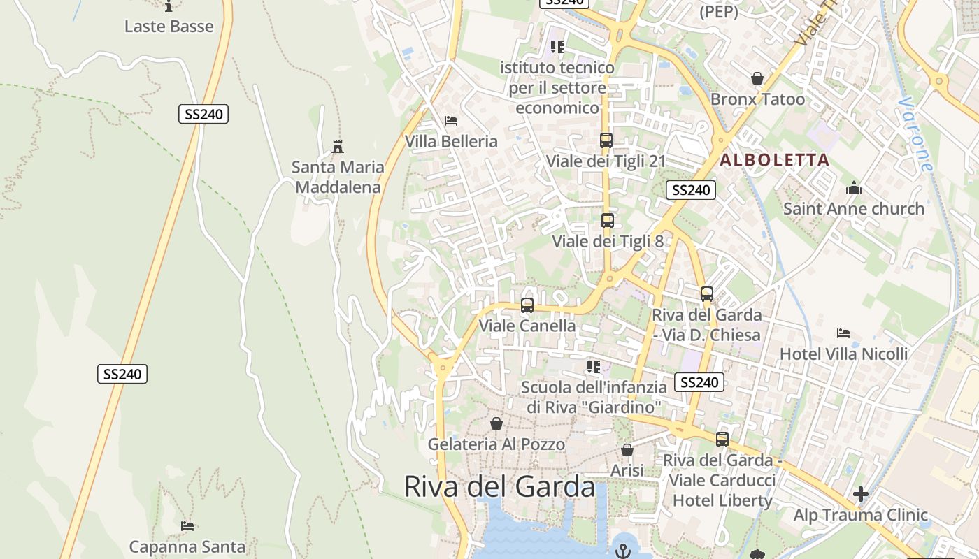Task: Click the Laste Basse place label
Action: pos(169,27)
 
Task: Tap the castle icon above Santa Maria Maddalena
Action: pos(338,147)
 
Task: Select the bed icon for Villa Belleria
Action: pos(451,121)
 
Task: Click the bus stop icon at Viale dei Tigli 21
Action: pos(606,140)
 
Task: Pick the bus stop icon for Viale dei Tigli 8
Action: pos(607,221)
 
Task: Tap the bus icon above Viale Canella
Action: pos(527,305)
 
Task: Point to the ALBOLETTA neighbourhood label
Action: pos(775,160)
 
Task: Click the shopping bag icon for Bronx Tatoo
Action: pos(757,78)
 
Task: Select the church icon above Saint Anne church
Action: pos(853,188)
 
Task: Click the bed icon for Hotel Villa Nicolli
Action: pos(843,333)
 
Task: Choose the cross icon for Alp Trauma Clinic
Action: pos(861,495)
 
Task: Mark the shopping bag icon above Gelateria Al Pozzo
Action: pos(496,423)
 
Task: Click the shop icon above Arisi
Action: pos(627,450)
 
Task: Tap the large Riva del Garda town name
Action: pos(500,487)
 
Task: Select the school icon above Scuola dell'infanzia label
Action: pos(594,367)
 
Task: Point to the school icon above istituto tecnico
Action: pos(557,47)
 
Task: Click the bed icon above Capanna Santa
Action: pos(187,525)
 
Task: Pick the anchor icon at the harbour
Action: pos(622,551)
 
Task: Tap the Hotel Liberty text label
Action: pos(722,500)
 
